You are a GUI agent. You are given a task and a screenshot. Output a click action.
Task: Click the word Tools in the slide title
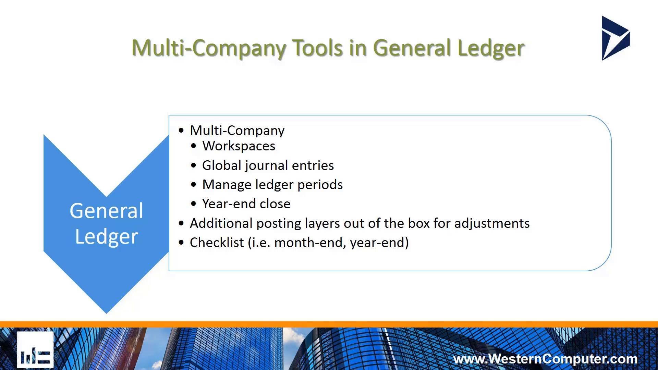317,48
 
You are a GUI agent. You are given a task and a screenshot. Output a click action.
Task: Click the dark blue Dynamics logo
616,38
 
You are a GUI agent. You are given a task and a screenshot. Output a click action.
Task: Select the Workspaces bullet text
239,146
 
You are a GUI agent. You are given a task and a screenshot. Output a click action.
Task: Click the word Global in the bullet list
222,165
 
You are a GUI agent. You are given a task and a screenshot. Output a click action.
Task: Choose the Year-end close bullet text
246,204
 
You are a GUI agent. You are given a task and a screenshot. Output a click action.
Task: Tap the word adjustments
492,224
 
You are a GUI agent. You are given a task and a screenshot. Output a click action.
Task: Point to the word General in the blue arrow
106,210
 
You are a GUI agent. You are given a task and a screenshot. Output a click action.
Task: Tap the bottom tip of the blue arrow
106,313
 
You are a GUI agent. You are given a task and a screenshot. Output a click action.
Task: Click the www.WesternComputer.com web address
545,359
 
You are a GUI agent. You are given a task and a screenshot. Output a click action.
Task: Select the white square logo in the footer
35,350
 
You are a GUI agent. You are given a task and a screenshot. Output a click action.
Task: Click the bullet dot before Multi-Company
181,131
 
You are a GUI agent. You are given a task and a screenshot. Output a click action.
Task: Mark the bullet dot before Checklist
181,243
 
